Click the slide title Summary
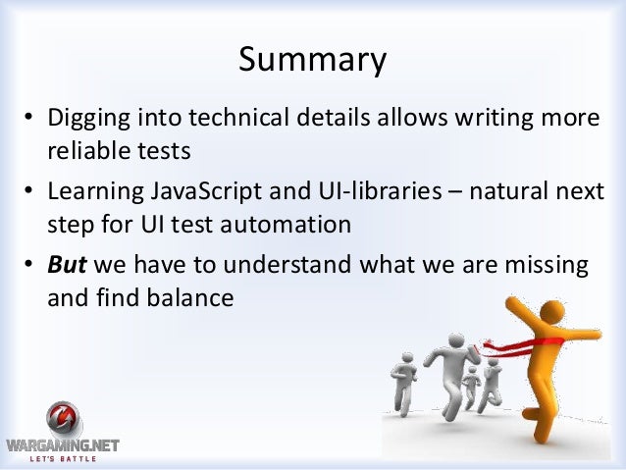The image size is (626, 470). pyautogui.click(x=312, y=61)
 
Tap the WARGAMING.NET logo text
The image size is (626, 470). pyautogui.click(x=61, y=445)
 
